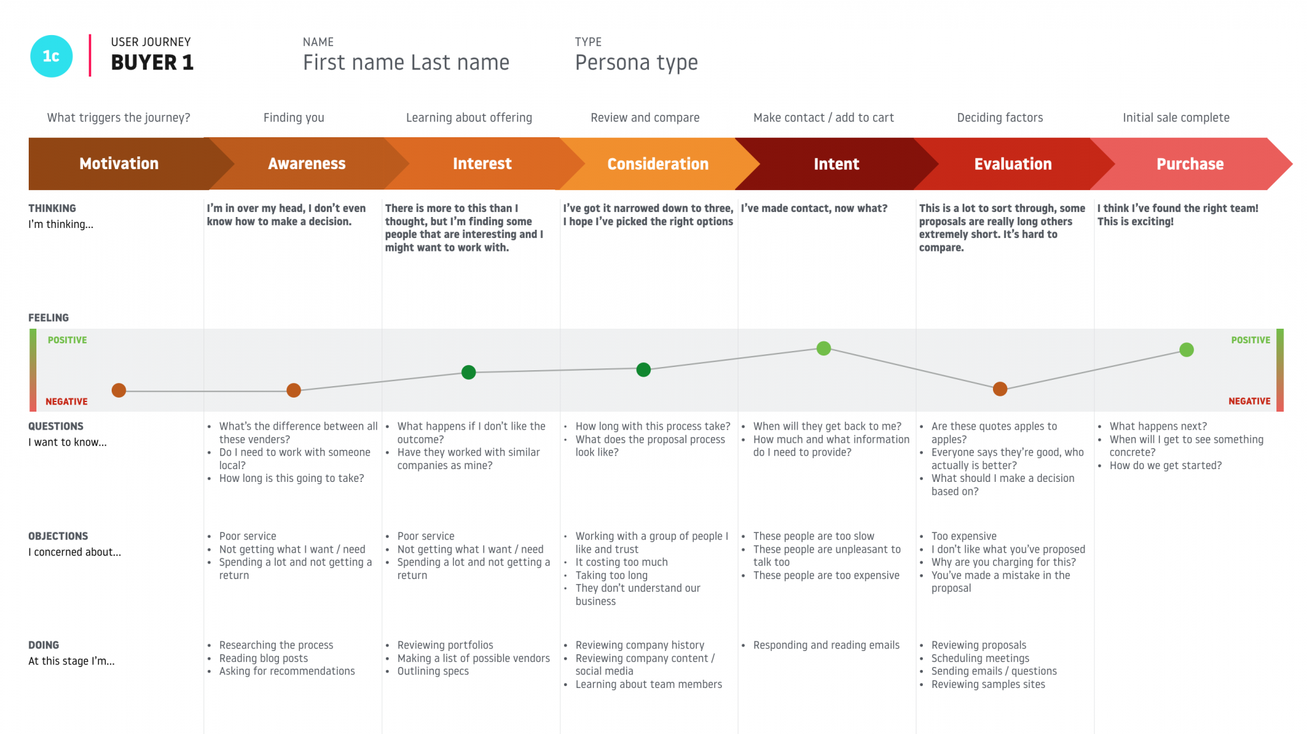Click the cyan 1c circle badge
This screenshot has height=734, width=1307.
coord(51,56)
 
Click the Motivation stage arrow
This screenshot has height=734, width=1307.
coord(119,164)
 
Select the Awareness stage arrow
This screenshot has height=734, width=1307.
coord(306,164)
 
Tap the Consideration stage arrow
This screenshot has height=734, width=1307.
coord(657,164)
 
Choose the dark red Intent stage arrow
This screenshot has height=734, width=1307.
coord(836,164)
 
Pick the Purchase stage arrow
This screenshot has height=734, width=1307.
coord(1190,164)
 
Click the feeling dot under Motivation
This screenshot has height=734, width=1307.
coord(119,391)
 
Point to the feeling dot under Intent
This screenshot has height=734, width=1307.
coord(824,348)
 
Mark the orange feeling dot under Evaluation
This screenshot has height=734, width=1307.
coord(1000,389)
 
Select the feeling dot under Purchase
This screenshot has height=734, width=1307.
coord(1186,350)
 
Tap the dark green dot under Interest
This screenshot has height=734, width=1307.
coord(468,372)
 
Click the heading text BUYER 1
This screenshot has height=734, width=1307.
coord(152,63)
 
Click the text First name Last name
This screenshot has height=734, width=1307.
coord(406,63)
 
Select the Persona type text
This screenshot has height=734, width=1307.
coord(636,63)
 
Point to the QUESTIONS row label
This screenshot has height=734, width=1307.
coord(56,426)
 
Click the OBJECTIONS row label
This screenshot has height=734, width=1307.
coord(58,536)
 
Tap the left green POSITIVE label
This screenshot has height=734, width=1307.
coord(67,340)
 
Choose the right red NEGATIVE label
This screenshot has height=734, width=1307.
coord(1249,401)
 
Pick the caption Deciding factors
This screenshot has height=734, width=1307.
coord(1000,117)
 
